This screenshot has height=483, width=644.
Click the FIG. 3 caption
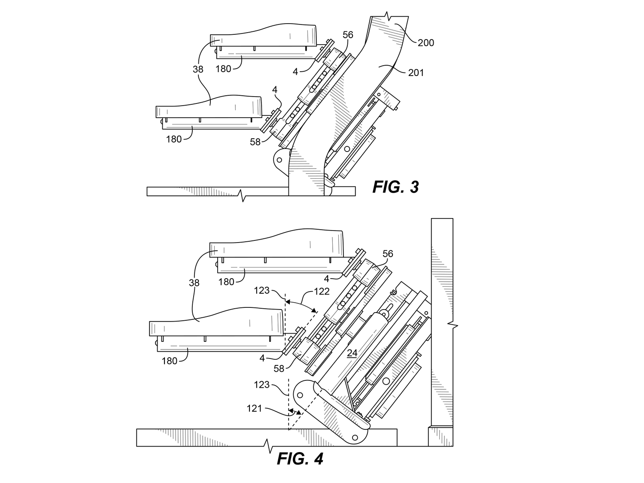[395, 187]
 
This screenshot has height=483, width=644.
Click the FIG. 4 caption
[300, 459]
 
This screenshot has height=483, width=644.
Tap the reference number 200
[426, 43]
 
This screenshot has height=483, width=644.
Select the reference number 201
[416, 73]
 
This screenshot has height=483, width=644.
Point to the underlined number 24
[352, 353]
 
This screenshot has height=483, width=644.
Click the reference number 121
[254, 408]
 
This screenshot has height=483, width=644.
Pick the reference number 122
[322, 291]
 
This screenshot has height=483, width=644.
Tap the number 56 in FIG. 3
[348, 35]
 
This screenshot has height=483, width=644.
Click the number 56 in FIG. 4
[388, 254]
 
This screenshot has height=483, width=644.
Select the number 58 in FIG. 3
[255, 142]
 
